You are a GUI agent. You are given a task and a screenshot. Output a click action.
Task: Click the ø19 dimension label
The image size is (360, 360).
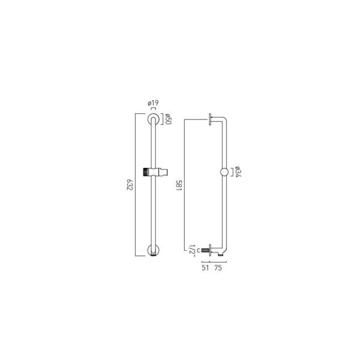[153, 103]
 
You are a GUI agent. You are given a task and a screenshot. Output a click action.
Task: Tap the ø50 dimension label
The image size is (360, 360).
[168, 119]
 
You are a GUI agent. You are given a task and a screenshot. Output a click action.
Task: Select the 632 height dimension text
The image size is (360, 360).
[130, 185]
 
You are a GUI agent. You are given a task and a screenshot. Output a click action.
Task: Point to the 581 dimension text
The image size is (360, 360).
[179, 186]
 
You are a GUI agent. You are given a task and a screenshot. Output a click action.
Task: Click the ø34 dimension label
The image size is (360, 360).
[239, 172]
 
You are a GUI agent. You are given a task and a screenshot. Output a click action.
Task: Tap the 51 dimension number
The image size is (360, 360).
[205, 268]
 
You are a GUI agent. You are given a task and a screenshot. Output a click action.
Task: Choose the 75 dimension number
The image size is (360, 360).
[218, 268]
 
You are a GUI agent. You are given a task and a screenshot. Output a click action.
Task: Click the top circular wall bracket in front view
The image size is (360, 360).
[153, 114]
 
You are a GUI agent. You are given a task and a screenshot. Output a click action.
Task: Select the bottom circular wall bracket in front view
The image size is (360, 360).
[153, 256]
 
